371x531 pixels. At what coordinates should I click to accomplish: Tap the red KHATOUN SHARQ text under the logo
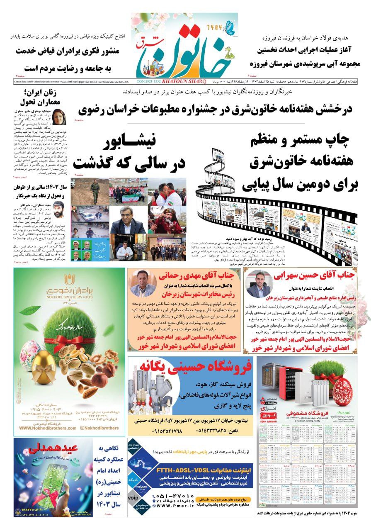(x=184, y=81)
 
